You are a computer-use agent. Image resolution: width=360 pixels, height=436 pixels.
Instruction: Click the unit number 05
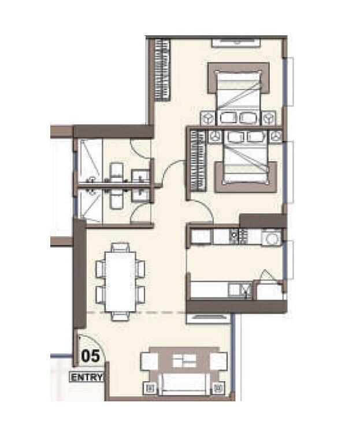coord(91,355)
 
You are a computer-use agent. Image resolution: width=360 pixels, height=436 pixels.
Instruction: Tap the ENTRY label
coord(87,378)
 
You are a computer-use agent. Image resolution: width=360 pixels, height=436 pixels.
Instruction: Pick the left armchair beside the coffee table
coord(150,361)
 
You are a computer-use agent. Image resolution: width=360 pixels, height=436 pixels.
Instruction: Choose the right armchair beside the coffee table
coord(218,361)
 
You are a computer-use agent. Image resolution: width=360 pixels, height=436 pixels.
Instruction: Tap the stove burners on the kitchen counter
coord(238,236)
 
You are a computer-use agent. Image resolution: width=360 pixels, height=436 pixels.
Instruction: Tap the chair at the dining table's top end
coord(120,248)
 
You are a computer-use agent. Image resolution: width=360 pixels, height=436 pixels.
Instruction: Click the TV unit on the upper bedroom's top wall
coord(236,42)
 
